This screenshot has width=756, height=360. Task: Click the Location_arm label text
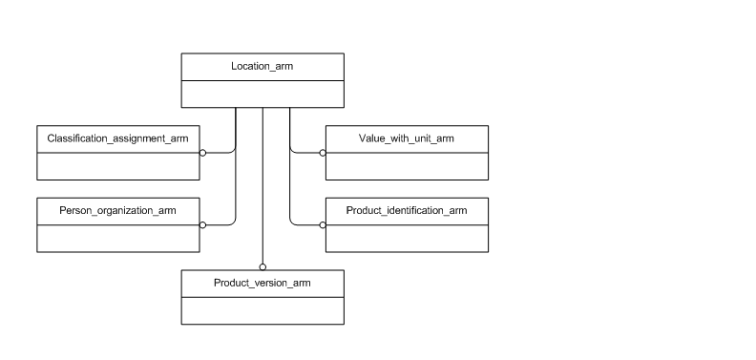click(x=262, y=66)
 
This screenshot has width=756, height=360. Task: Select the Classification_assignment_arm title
click(x=118, y=138)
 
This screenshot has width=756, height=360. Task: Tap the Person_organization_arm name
click(x=118, y=210)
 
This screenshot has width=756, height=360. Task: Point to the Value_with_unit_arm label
click(x=407, y=138)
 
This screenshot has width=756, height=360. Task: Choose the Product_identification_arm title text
click(x=407, y=210)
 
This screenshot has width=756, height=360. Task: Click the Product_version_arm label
click(x=262, y=283)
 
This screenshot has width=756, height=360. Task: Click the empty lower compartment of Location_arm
click(x=262, y=94)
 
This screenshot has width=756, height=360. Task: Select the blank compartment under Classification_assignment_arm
click(x=118, y=165)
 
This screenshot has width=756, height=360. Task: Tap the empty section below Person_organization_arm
click(x=118, y=238)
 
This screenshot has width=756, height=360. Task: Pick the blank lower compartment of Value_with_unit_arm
click(x=407, y=165)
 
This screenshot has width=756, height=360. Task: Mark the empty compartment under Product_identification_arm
click(x=407, y=238)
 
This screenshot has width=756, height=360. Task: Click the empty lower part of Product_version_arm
click(x=262, y=310)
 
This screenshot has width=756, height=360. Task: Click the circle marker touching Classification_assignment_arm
click(x=203, y=153)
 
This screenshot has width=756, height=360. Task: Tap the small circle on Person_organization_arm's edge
click(x=203, y=225)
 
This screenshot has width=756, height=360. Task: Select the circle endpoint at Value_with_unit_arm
click(x=323, y=153)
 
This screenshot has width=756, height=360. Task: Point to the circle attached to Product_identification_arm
click(x=323, y=225)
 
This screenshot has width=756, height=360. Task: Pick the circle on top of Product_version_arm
click(x=262, y=266)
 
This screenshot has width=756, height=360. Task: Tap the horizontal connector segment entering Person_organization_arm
click(x=220, y=225)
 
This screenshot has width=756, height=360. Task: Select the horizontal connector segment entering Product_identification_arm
click(x=305, y=225)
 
